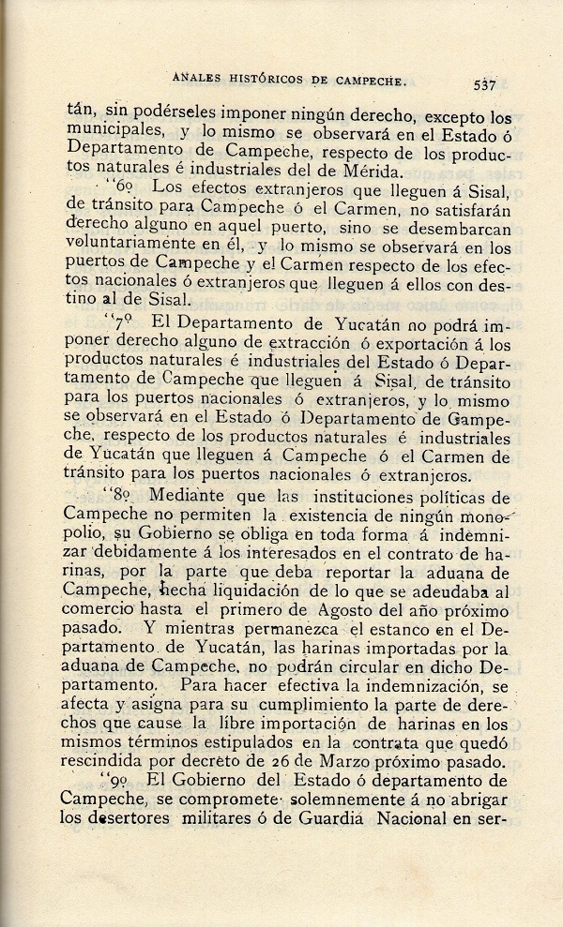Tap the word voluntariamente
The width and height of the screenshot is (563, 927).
click(x=134, y=247)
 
